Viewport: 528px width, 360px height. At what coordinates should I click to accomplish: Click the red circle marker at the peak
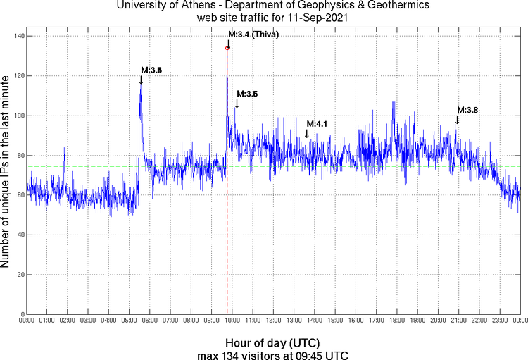227,48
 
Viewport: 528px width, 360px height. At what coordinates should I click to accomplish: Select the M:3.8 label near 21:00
468,110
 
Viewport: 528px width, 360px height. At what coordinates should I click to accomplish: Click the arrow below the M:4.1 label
307,133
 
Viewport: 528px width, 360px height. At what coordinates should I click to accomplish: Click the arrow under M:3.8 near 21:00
457,120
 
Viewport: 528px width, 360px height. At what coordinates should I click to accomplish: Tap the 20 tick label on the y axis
18,274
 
